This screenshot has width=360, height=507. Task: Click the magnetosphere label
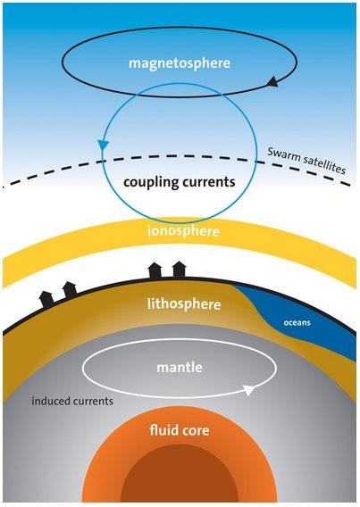(x=180, y=63)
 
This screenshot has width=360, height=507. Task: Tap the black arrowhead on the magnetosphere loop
(x=273, y=81)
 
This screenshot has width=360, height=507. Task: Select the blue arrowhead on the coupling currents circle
(x=104, y=145)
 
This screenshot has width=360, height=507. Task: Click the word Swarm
(x=280, y=154)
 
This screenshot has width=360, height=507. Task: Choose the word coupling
(x=150, y=183)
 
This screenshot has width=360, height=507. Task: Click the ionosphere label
(x=183, y=231)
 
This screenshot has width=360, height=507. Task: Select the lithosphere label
(x=184, y=304)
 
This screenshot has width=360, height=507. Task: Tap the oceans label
(x=297, y=323)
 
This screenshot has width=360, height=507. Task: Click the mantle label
(x=180, y=368)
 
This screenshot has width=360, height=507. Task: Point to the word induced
(x=50, y=402)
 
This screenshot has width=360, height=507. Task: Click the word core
(x=194, y=431)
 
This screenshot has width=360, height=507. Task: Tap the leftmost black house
(x=47, y=299)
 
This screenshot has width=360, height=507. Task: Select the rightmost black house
(x=179, y=270)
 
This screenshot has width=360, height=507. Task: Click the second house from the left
(x=70, y=290)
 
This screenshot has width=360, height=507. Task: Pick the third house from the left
(x=155, y=270)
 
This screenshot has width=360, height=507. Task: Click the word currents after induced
(x=93, y=402)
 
